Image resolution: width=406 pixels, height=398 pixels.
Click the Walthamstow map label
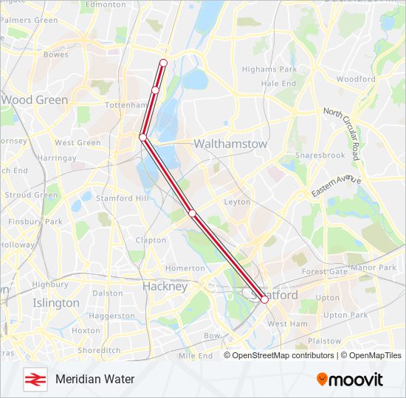pyautogui.click(x=230, y=144)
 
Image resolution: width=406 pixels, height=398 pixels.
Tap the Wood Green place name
pyautogui.click(x=35, y=99)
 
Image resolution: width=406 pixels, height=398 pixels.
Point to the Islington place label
pyautogui.click(x=55, y=303)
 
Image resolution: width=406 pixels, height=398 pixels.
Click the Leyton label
pyautogui.click(x=237, y=201)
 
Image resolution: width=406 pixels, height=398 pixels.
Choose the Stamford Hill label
pyautogui.click(x=122, y=198)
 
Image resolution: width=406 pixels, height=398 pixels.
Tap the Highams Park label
pyautogui.click(x=269, y=69)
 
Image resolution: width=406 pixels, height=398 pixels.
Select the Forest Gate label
pyautogui.click(x=324, y=271)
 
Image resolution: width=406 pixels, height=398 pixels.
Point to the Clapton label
pyautogui.click(x=151, y=240)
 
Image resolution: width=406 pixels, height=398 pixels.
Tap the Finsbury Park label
pyautogui.click(x=35, y=221)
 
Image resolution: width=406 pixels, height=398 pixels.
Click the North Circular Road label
pyautogui.click(x=343, y=133)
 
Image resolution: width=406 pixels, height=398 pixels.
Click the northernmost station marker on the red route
pyautogui.click(x=163, y=63)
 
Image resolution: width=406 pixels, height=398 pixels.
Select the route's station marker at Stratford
pyautogui.click(x=264, y=299)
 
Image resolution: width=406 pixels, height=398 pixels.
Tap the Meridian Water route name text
pyautogui.click(x=94, y=379)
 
